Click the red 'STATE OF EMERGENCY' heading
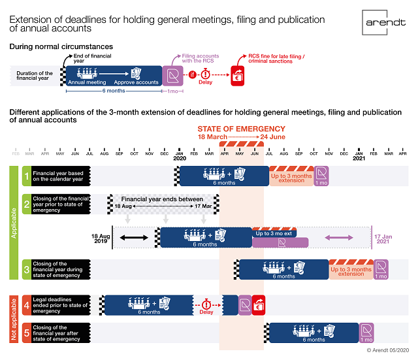tap(241, 129)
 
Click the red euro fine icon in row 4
tap(259, 304)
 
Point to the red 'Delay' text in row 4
tap(206, 312)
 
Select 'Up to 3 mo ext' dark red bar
tap(280, 233)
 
